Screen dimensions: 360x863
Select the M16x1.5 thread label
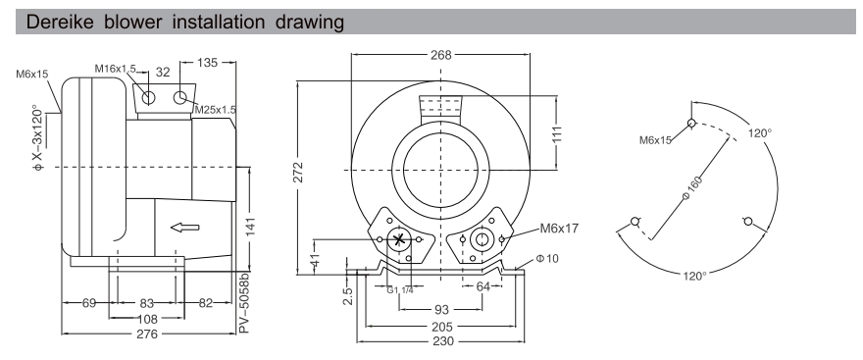pyautogui.click(x=116, y=68)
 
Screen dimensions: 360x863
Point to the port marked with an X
pyautogui.click(x=398, y=240)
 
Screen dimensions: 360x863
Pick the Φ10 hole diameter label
pyautogui.click(x=547, y=260)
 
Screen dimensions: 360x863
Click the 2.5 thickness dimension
pyautogui.click(x=348, y=294)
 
